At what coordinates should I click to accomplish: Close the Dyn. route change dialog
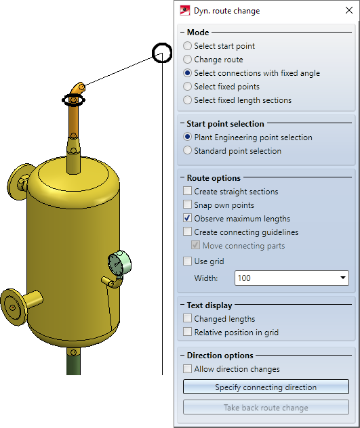pyautogui.click(x=348, y=10)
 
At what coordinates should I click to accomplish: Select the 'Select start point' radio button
pyautogui.click(x=187, y=46)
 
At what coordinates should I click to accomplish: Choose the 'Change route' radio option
pyautogui.click(x=187, y=60)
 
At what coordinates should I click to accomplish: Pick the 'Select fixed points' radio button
pyautogui.click(x=187, y=87)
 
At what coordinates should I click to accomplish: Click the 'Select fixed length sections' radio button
pyautogui.click(x=187, y=100)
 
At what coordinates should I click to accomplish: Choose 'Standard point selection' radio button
pyautogui.click(x=187, y=150)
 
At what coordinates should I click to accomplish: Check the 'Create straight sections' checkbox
pyautogui.click(x=187, y=191)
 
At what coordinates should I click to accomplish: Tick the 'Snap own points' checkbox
pyautogui.click(x=187, y=205)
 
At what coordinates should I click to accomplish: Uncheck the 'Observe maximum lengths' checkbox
pyautogui.click(x=187, y=218)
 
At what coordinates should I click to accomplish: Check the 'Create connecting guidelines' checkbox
pyautogui.click(x=187, y=232)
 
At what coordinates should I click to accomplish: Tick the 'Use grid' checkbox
pyautogui.click(x=187, y=261)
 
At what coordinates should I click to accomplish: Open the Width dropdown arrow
pyautogui.click(x=343, y=278)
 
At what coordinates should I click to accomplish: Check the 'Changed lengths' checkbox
pyautogui.click(x=187, y=318)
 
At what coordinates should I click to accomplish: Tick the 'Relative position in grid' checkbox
pyautogui.click(x=187, y=332)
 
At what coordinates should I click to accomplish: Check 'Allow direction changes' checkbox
pyautogui.click(x=187, y=369)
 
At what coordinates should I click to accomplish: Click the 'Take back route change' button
pyautogui.click(x=266, y=407)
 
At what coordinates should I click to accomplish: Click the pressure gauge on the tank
pyautogui.click(x=119, y=264)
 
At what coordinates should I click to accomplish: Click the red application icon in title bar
pyautogui.click(x=185, y=11)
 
